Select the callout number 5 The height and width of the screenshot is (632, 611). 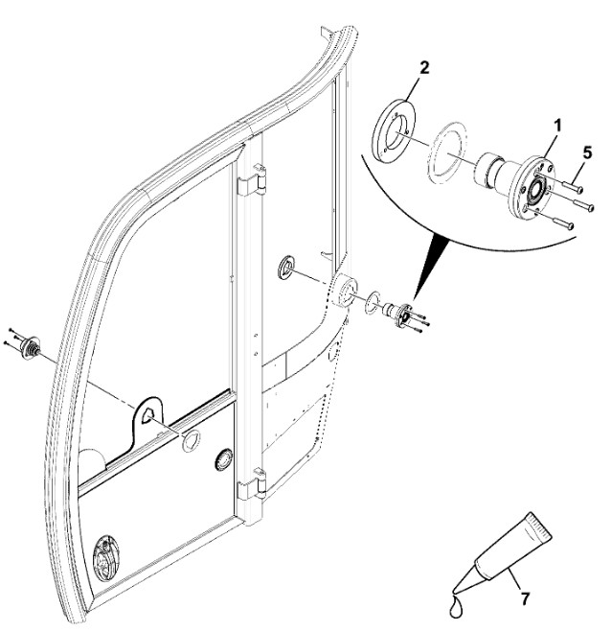click(x=587, y=151)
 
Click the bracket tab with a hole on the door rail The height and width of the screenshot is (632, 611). click(x=147, y=414)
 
